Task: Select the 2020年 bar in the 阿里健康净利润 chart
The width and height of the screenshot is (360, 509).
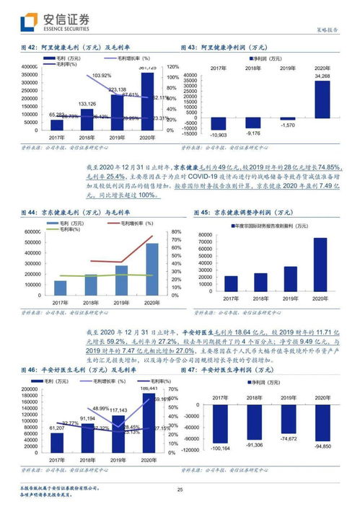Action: click(322, 98)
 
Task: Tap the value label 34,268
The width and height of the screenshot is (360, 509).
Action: click(322, 76)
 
